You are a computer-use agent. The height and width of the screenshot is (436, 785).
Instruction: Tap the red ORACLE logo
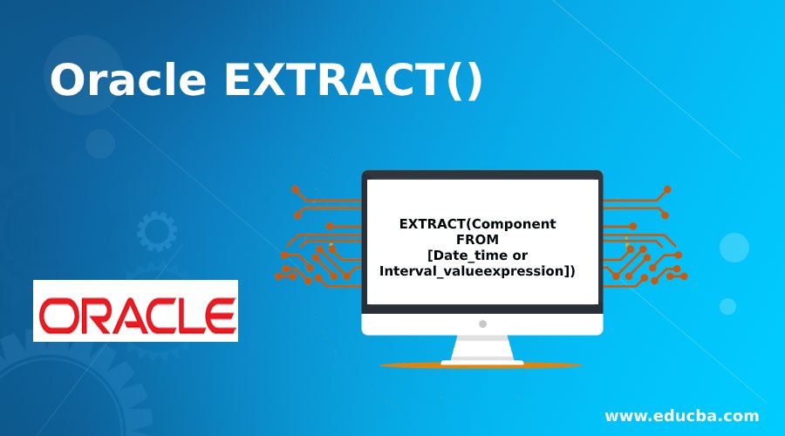(x=135, y=311)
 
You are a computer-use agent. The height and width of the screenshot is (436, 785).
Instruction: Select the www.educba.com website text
(x=681, y=415)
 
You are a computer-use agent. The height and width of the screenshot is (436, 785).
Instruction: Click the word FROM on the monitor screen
(x=477, y=239)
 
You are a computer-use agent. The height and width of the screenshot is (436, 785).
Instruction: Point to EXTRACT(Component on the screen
(x=477, y=223)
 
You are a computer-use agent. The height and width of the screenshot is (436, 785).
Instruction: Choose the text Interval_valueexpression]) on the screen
(x=477, y=271)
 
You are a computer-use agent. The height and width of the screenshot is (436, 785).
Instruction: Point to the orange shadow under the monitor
(x=482, y=364)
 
